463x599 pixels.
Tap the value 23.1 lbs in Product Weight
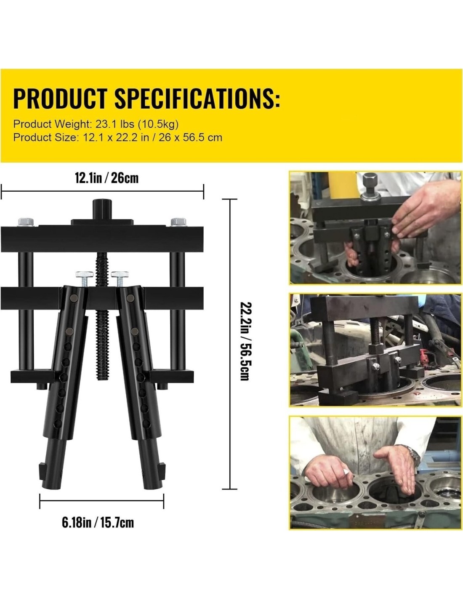tap(115, 124)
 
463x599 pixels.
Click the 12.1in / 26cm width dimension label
tap(106, 178)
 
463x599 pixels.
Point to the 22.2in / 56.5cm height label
tap(245, 341)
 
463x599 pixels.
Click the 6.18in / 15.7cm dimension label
tap(98, 522)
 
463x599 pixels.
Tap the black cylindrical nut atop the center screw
tap(102, 209)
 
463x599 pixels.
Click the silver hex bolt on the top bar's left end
tap(26, 222)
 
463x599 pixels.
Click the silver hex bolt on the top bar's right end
tap(178, 222)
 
